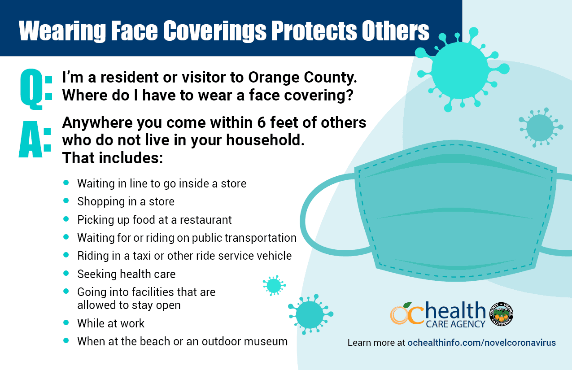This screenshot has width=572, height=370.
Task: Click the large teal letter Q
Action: tap(31, 89)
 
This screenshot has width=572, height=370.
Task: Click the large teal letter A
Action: tap(31, 139)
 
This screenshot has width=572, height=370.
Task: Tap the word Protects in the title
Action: tap(313, 31)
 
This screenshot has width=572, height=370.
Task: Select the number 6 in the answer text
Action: tap(262, 122)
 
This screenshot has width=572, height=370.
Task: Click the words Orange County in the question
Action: tap(302, 78)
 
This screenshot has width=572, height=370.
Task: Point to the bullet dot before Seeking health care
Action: tap(66, 273)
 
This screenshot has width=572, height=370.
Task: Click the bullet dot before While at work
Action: tap(66, 322)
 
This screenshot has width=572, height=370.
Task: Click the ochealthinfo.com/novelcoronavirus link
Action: tap(481, 343)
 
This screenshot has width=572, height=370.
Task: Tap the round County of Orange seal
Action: tap(501, 314)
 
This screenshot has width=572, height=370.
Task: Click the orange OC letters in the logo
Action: tap(407, 314)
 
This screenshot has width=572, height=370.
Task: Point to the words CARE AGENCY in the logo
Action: tap(455, 324)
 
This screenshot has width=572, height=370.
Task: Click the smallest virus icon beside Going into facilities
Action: tap(274, 285)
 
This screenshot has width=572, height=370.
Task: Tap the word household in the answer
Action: tap(265, 140)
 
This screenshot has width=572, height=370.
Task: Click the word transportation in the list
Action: tap(261, 238)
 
